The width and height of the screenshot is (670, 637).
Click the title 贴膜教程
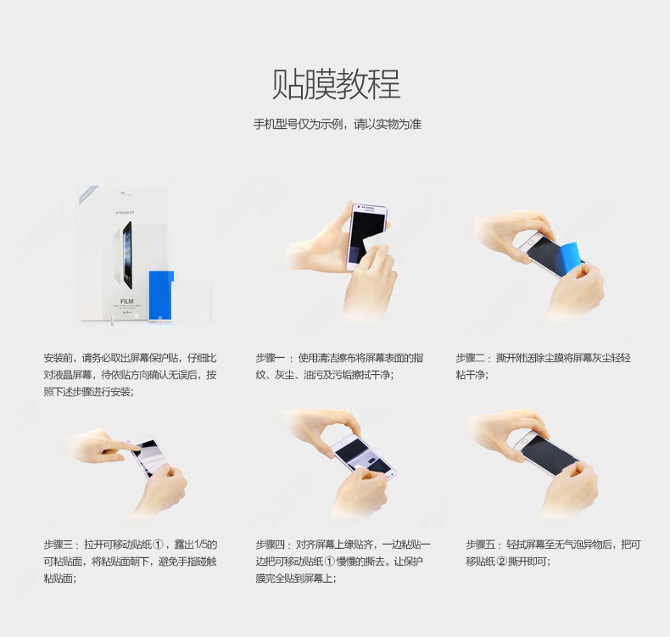point(337,84)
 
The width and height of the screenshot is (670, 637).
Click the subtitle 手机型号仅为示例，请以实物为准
point(338,125)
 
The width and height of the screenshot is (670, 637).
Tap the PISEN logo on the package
point(125,212)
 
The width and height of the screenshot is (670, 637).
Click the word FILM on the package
point(127,301)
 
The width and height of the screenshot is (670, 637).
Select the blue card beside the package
point(160,295)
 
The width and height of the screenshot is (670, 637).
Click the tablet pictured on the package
point(127,255)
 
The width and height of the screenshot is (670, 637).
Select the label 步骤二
point(470,358)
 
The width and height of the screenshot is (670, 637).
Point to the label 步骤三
point(58,545)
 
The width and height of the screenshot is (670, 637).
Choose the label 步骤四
point(270,545)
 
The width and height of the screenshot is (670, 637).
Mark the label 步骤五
point(480,545)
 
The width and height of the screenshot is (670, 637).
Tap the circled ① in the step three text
point(158,545)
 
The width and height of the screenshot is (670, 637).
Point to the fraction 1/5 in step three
point(200,545)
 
